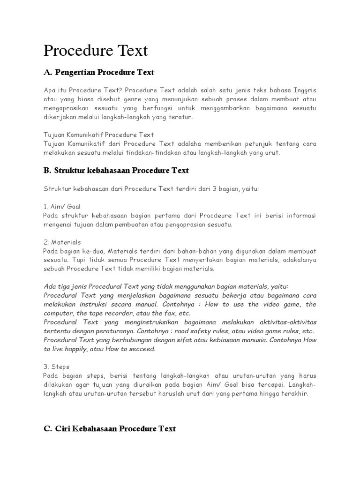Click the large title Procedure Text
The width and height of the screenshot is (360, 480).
coord(96,51)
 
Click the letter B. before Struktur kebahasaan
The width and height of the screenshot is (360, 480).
coord(47,171)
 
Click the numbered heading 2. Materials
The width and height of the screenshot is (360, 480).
coord(62,242)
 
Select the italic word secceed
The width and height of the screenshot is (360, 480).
coord(142,349)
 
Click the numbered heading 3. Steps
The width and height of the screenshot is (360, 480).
coord(56,367)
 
